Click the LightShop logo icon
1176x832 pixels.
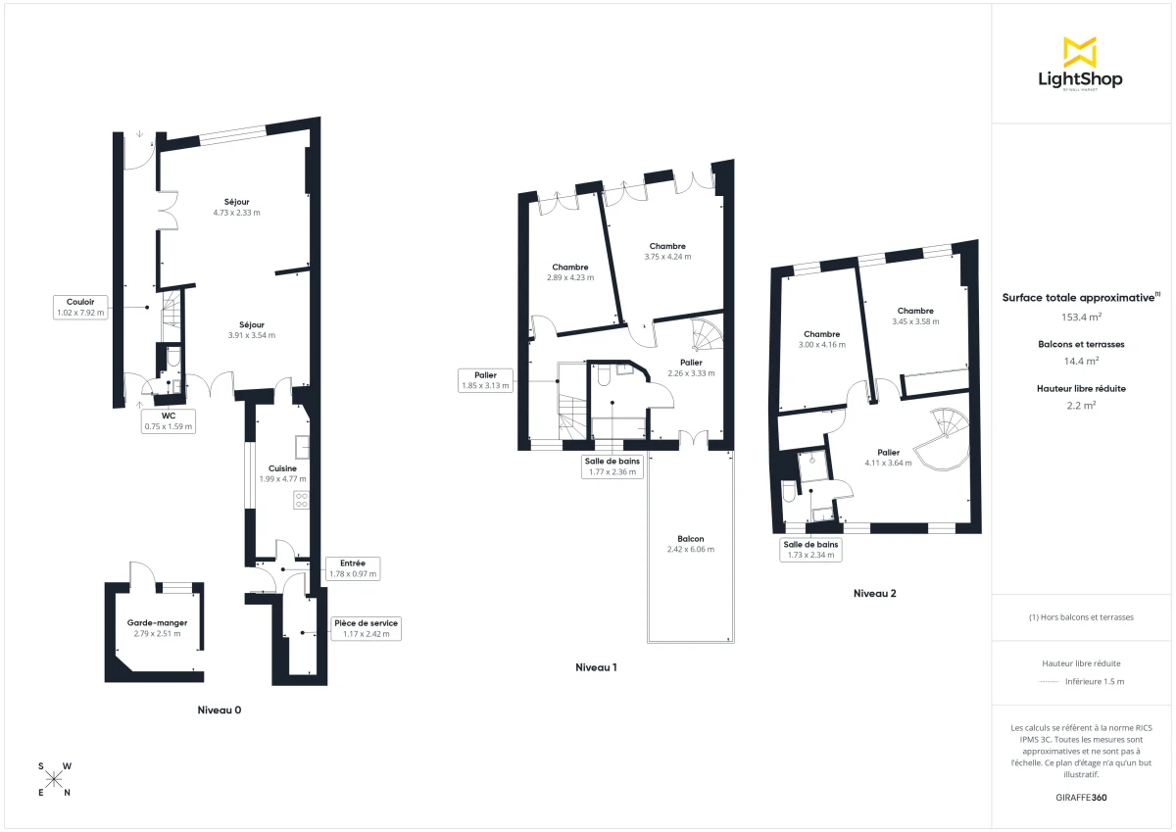click(1079, 52)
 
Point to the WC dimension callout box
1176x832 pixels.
click(170, 420)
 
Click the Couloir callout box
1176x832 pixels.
click(80, 307)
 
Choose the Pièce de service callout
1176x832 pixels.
click(366, 628)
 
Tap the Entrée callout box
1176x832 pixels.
click(353, 568)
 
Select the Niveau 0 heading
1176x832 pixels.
click(219, 710)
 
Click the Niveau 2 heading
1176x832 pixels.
click(874, 593)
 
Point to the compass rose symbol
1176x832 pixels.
click(55, 779)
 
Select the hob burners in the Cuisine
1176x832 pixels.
click(302, 500)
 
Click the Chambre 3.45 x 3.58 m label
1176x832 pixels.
click(915, 317)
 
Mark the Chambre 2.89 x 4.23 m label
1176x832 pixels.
click(569, 271)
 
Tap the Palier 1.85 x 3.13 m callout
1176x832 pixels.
click(486, 380)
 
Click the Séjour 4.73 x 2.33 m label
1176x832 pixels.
click(236, 207)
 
